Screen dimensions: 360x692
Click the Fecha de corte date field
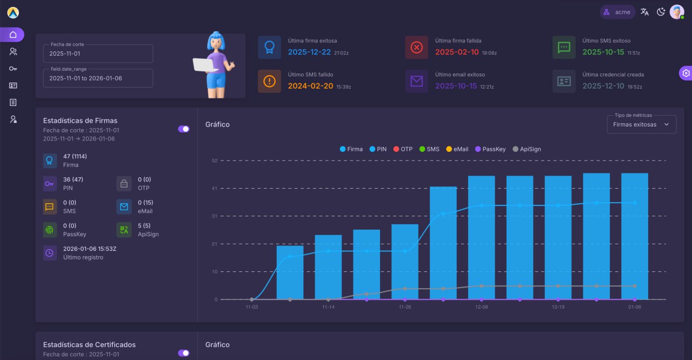coord(98,54)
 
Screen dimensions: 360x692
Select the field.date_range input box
coord(98,78)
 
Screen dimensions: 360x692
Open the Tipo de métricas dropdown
coord(641,124)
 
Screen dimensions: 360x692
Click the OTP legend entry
coord(403,149)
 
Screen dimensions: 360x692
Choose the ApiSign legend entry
coord(527,149)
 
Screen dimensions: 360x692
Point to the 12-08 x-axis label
coord(481,307)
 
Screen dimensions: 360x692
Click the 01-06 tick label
coord(634,307)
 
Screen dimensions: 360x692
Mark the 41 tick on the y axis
coord(215,188)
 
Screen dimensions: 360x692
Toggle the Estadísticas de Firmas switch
coord(184,129)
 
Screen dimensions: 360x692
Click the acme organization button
coord(617,12)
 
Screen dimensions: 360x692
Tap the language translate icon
coord(644,12)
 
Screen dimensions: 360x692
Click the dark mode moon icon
coord(661,12)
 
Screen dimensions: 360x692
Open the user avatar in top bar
coord(677,12)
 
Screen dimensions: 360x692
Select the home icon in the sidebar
coord(13,35)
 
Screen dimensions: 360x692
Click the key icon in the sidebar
coord(13,69)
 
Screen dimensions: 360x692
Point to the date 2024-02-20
coord(310,86)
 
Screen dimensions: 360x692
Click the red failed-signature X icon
coord(416,48)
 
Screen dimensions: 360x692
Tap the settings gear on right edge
coord(686,74)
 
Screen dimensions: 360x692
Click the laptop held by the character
coord(205,65)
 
